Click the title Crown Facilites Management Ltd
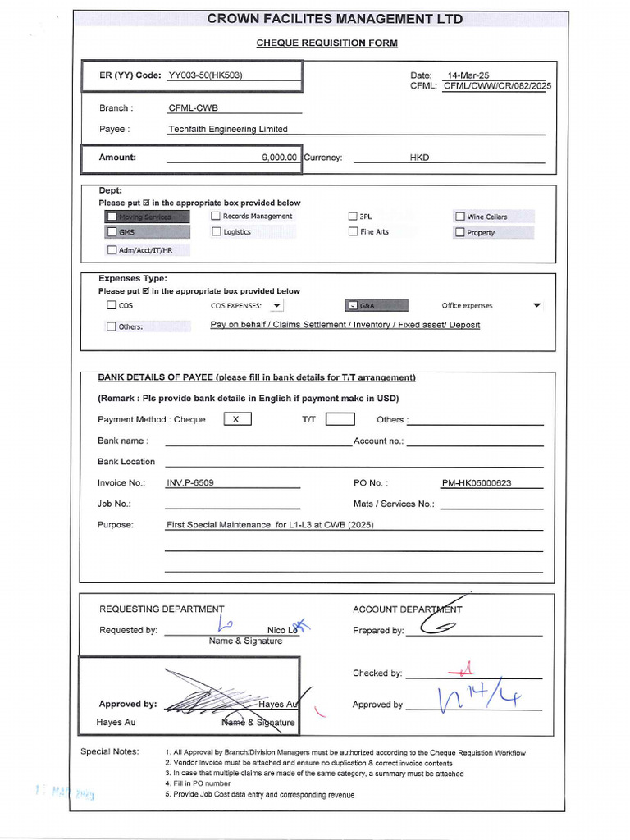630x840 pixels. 335,19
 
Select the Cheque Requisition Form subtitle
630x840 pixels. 326,43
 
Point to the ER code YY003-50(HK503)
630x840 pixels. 205,75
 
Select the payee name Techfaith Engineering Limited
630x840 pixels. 228,129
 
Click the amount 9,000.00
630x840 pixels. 280,157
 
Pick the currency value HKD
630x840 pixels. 419,157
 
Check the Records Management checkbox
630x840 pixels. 216,217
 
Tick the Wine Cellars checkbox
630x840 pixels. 460,217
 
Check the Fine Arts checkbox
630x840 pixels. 353,232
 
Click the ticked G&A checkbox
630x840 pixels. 353,305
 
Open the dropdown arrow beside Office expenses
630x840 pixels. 536,305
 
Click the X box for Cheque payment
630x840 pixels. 237,419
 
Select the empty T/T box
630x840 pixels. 340,419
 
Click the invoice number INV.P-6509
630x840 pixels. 190,483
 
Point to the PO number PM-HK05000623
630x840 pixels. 476,483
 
